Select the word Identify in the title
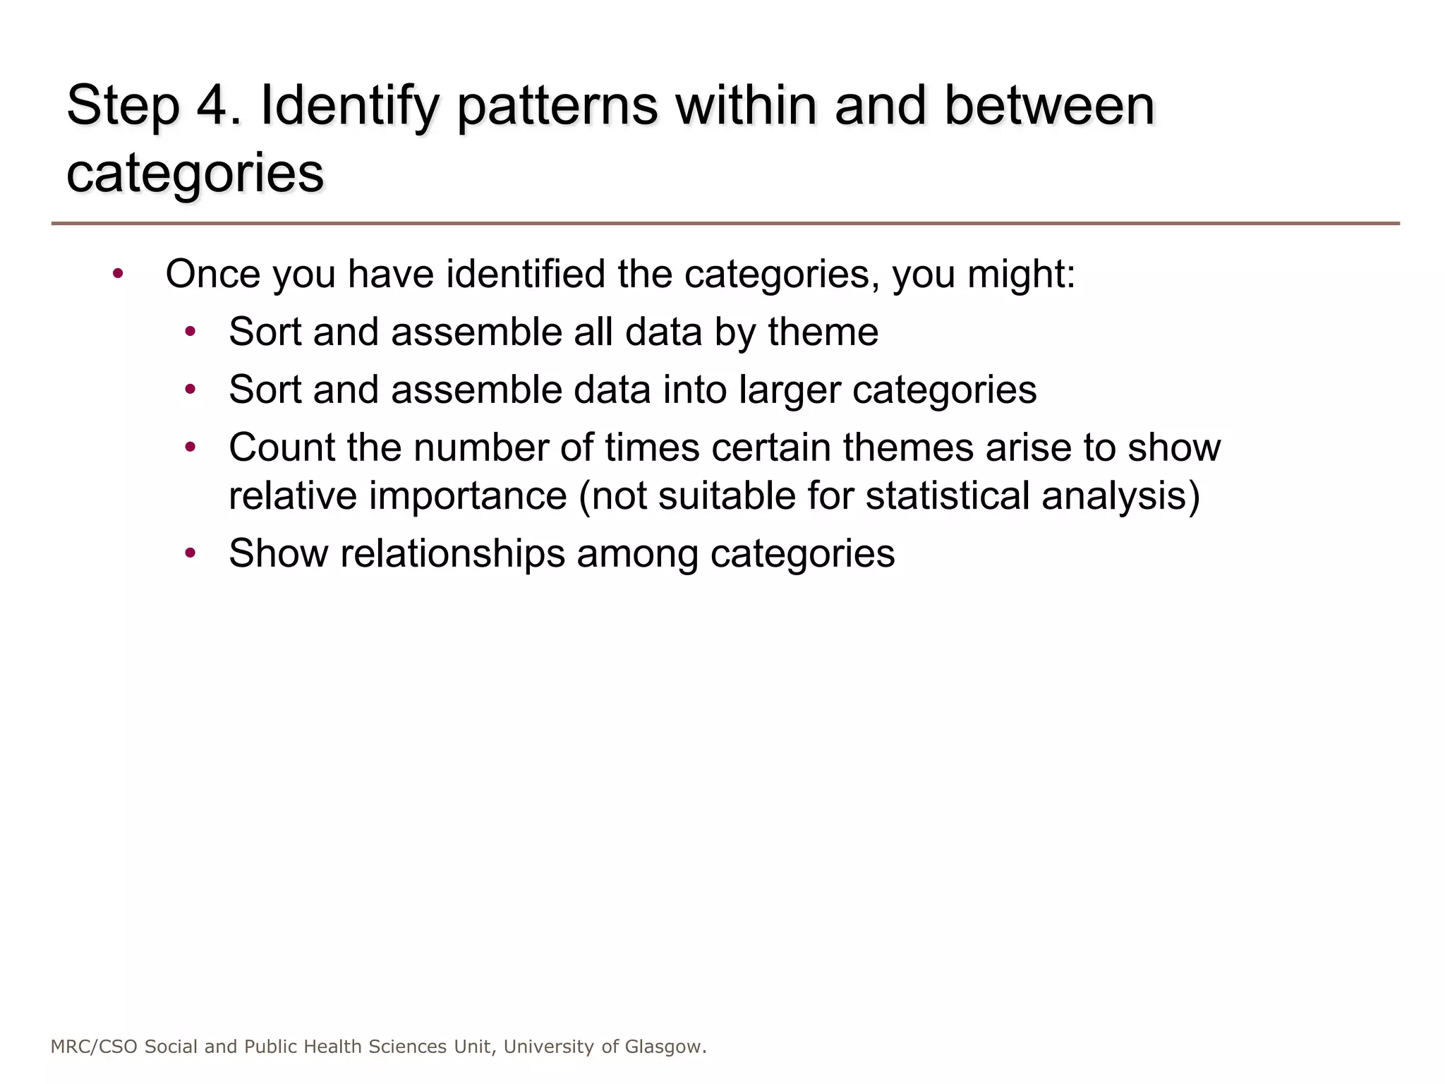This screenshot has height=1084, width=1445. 350,107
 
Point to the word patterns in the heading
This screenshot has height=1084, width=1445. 557,107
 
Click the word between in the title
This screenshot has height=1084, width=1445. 1049,105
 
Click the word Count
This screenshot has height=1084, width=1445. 279,447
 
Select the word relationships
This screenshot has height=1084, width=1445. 452,554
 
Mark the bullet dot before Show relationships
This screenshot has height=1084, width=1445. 190,553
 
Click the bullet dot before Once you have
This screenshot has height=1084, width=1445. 118,274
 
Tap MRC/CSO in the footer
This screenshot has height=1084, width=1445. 95,1047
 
